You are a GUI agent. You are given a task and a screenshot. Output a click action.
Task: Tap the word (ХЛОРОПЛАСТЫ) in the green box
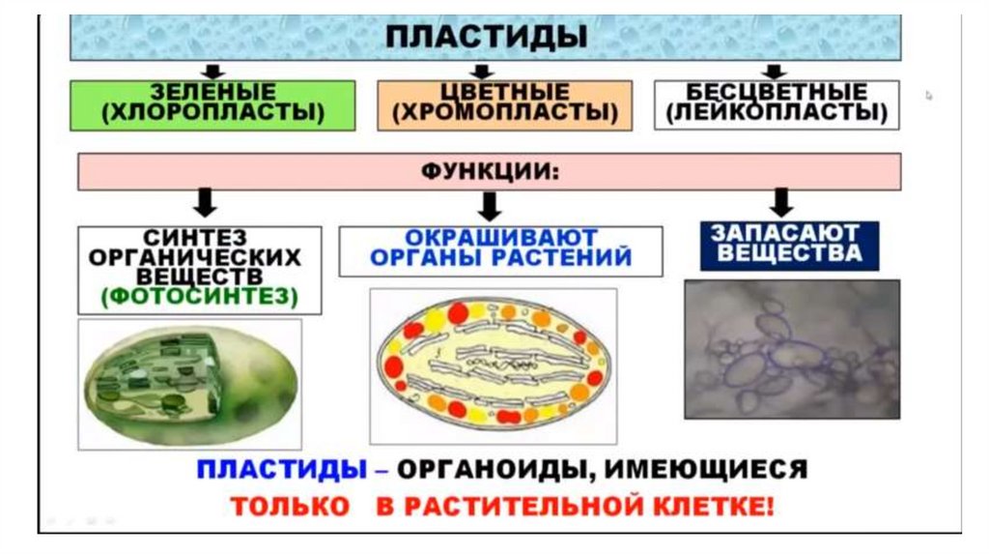pos(212,113)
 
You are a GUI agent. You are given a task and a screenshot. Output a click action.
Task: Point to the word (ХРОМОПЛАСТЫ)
pos(505,114)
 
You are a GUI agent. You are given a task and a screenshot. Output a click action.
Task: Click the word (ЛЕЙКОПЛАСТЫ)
pos(777,113)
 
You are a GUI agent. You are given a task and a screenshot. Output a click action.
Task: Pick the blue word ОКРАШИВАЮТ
pos(500,238)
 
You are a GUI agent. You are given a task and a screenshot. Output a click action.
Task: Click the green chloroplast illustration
pos(189,384)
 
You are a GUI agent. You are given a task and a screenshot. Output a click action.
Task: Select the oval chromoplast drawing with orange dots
pos(493,365)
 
